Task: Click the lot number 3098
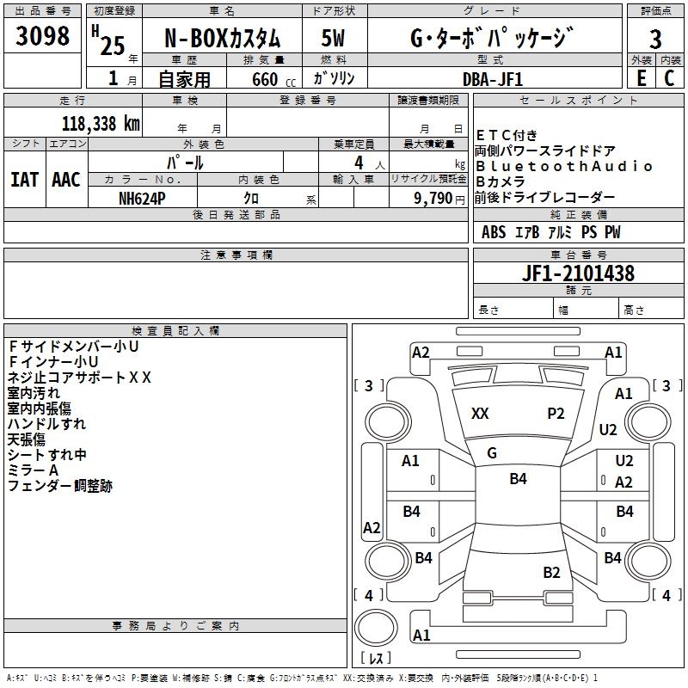click(x=43, y=37)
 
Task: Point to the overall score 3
click(x=655, y=40)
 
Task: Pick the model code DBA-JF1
click(x=492, y=78)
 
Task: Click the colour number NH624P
click(x=143, y=198)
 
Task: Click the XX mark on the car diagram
click(x=480, y=414)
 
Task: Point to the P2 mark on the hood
click(x=556, y=413)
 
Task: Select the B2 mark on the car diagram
click(x=551, y=572)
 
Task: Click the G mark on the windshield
click(x=492, y=452)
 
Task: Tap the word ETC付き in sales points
click(x=507, y=135)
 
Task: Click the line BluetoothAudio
click(x=564, y=166)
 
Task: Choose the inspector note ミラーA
click(x=34, y=470)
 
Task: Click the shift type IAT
click(x=25, y=179)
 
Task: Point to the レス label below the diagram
click(x=375, y=660)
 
